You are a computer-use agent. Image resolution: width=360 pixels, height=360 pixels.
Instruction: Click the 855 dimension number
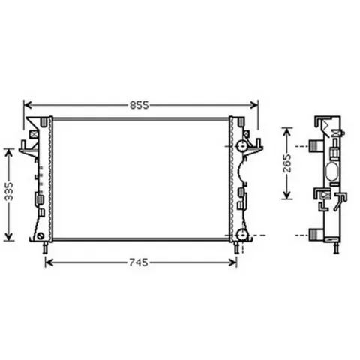[139, 105]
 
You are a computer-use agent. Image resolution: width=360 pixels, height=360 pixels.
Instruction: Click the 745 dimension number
[139, 262]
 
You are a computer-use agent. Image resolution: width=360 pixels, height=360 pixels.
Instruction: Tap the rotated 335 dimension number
[9, 192]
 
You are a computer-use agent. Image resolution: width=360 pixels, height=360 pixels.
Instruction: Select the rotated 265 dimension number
[287, 163]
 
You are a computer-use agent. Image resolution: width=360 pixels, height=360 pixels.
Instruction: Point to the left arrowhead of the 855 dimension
[28, 105]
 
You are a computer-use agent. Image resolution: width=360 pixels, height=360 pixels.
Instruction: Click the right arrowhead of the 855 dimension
[254, 105]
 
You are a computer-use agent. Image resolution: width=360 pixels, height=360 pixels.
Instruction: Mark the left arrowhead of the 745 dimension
[49, 262]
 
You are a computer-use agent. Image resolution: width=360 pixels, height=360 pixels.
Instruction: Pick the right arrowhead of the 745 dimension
[232, 262]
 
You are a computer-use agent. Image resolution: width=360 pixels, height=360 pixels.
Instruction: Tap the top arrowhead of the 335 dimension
[9, 153]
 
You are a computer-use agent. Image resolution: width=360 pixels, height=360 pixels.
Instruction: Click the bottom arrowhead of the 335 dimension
[9, 237]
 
